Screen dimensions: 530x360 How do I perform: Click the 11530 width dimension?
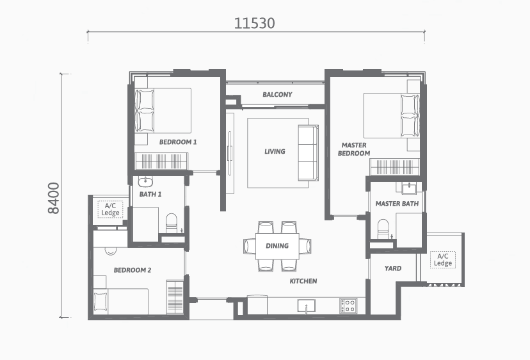pos(255,23)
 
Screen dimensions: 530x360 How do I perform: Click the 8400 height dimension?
pos(54,199)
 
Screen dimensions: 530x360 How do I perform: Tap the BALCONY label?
pos(277,95)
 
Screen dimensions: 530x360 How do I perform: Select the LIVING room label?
pos(275,152)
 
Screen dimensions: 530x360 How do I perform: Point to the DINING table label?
pos(277,246)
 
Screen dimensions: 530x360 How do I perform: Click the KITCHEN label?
pos(303,281)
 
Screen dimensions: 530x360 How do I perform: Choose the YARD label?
pos(393,268)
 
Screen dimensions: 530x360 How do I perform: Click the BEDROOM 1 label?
pos(178,142)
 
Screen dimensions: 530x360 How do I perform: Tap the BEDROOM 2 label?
pos(132,270)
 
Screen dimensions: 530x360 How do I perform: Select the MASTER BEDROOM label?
pos(354,149)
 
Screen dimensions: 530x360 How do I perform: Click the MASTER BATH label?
pos(397,204)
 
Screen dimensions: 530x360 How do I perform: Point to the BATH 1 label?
pos(150,194)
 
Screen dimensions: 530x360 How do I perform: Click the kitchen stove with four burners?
pos(348,305)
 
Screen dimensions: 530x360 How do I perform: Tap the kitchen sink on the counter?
pos(307,306)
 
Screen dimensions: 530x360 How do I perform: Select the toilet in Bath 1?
pos(172,224)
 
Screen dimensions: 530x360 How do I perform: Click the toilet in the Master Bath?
pos(383,229)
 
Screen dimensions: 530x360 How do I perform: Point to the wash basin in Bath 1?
pos(145,182)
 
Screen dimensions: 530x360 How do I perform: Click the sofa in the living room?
pos(308,153)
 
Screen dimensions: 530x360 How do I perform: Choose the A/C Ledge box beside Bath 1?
pos(110,209)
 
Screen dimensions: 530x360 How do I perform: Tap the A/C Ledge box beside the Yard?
pos(443,260)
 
